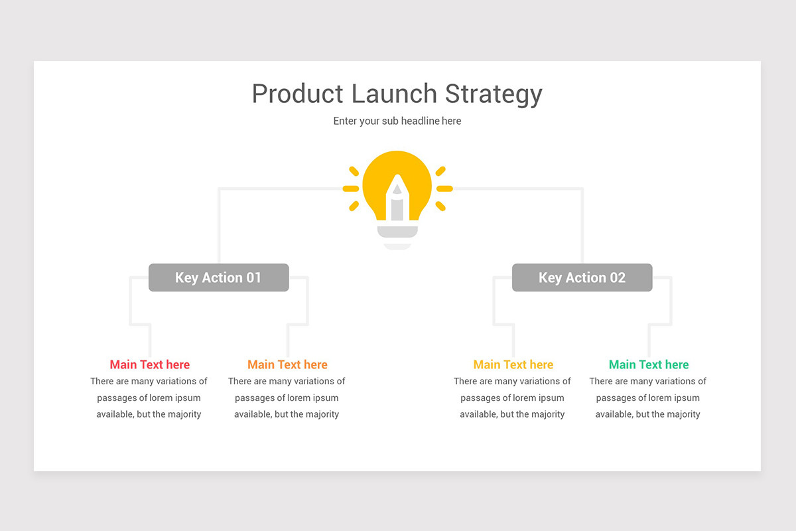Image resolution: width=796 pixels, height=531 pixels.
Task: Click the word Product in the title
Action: [x=297, y=94]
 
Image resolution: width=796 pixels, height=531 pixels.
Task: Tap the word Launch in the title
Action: [x=394, y=94]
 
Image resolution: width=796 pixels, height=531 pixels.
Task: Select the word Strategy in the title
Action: [x=494, y=95]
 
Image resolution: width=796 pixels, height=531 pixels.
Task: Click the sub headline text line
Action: [x=397, y=121]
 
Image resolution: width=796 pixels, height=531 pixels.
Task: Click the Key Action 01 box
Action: [x=218, y=277]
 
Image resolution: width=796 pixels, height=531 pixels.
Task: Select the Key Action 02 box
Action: [x=582, y=277]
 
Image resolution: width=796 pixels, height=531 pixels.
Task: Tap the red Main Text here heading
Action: [x=150, y=364]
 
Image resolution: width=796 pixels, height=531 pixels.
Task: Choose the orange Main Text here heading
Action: [x=287, y=364]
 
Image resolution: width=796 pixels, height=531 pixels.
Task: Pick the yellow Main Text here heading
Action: [x=513, y=364]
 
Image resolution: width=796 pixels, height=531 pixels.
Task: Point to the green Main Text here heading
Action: [x=649, y=364]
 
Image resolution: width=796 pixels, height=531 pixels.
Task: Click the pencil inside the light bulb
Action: [x=397, y=198]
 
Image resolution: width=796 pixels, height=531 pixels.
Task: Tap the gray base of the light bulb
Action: [x=397, y=232]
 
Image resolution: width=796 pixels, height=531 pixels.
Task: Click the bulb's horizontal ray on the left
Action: [x=351, y=189]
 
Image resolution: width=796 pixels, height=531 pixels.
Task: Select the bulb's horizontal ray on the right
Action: [x=444, y=189]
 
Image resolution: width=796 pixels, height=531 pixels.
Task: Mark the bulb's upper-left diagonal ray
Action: [x=354, y=171]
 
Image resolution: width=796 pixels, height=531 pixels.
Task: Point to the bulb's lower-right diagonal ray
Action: [x=440, y=206]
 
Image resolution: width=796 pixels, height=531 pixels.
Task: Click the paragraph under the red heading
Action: [x=149, y=398]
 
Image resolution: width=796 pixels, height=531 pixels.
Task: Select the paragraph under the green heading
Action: [x=648, y=398]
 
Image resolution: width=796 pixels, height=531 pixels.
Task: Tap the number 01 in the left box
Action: [x=253, y=277]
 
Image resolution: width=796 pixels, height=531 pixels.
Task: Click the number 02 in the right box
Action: [x=618, y=277]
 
